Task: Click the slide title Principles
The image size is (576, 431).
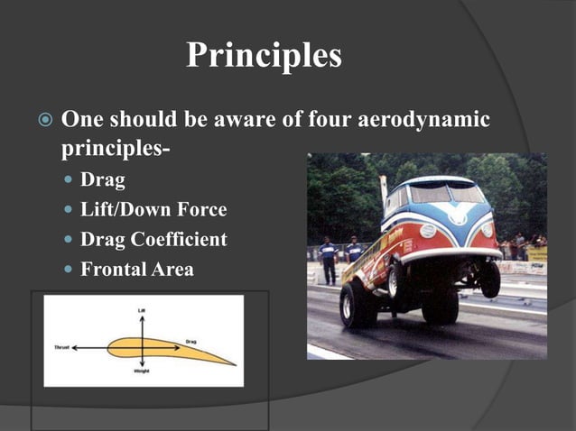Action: [x=264, y=56]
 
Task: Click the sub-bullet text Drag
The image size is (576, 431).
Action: [x=103, y=179]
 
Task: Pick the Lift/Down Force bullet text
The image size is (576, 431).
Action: [x=153, y=210]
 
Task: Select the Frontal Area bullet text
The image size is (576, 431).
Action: [x=137, y=269]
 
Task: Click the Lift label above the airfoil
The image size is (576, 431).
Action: [x=142, y=309]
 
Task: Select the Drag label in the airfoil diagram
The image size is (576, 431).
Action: [x=190, y=342]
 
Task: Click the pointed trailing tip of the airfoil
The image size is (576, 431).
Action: [x=235, y=363]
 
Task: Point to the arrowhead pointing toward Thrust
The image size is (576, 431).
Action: [x=74, y=347]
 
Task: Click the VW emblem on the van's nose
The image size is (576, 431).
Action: [x=460, y=216]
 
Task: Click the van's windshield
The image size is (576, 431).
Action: [x=442, y=193]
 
